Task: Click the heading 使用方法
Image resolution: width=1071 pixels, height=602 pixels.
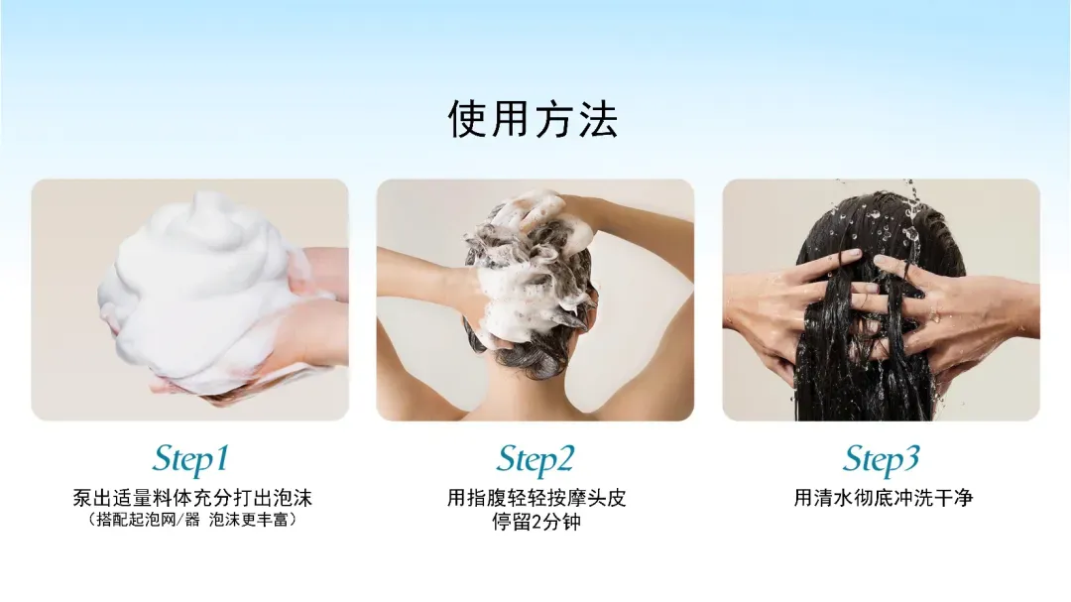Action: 534,119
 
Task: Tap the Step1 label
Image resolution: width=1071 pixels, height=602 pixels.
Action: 190,459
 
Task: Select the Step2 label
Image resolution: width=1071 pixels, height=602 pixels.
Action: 535,459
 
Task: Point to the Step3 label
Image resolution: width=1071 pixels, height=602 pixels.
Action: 882,459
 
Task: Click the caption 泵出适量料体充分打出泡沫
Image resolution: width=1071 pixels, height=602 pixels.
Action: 192,498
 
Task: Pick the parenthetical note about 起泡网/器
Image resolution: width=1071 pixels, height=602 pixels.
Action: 192,520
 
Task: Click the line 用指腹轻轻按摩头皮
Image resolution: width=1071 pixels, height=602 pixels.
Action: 536,498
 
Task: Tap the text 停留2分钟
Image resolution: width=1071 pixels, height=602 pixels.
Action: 536,522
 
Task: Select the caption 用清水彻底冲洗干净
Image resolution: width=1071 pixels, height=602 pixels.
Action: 883,498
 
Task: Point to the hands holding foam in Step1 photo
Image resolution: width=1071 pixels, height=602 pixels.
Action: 300,321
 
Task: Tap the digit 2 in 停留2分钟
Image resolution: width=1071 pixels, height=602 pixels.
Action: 536,523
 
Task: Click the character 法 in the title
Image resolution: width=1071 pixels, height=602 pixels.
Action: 598,119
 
